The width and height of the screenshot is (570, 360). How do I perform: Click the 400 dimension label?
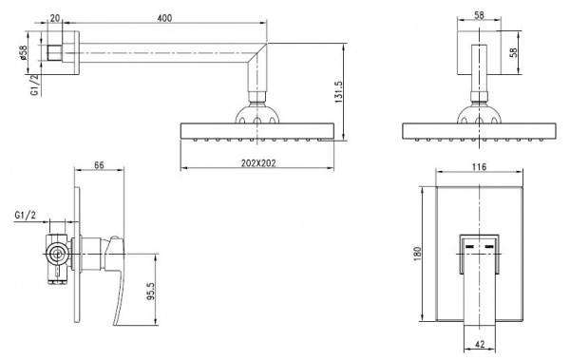pyautogui.click(x=164, y=18)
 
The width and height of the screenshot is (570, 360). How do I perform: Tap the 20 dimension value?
pyautogui.click(x=54, y=18)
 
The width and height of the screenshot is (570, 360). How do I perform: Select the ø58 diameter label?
pyautogui.click(x=24, y=52)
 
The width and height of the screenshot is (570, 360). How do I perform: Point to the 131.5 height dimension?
pyautogui.click(x=338, y=92)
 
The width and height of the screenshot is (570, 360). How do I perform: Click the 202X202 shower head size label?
pyautogui.click(x=258, y=163)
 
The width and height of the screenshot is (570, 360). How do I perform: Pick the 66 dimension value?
pyautogui.click(x=99, y=165)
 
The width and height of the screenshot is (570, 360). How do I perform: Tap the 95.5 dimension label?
pyautogui.click(x=150, y=292)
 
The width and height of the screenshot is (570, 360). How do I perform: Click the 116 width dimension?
pyautogui.click(x=479, y=167)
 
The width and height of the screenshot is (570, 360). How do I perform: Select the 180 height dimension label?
pyautogui.click(x=417, y=253)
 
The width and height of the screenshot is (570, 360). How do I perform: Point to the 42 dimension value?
pyautogui.click(x=480, y=344)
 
